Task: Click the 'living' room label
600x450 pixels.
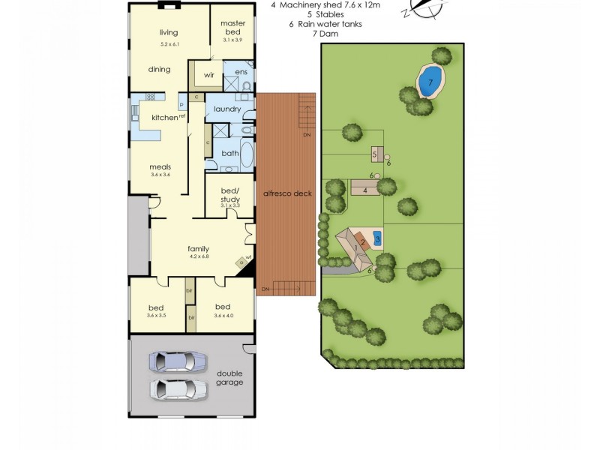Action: [167, 32]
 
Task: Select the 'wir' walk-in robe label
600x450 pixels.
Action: [210, 75]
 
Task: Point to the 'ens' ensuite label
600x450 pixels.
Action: [240, 72]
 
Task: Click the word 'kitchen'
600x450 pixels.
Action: [164, 118]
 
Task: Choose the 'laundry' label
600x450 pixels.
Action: [227, 109]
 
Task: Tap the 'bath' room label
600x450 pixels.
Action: [229, 153]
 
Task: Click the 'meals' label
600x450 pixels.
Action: [161, 167]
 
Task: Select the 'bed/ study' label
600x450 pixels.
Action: [230, 194]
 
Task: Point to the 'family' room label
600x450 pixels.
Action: [198, 250]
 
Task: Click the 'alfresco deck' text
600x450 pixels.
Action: [287, 193]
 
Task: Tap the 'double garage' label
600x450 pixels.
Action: [229, 377]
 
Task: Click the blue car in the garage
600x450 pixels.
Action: [178, 361]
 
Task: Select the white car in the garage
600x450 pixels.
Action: [178, 389]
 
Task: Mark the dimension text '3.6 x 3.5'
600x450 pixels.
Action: [156, 316]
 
